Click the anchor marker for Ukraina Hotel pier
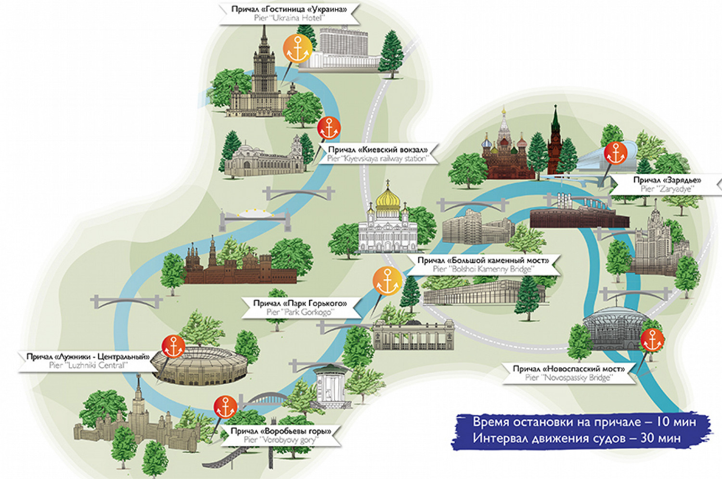click(297, 49)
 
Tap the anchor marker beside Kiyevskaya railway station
click(329, 128)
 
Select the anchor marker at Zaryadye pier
click(616, 153)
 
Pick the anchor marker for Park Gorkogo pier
click(387, 280)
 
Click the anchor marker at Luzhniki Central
click(173, 346)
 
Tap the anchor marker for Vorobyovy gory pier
click(225, 407)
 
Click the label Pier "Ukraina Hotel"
click(289, 13)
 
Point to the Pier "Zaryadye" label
click(667, 185)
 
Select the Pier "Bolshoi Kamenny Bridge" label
click(483, 265)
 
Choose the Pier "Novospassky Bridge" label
click(568, 373)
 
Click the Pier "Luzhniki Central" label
click(88, 361)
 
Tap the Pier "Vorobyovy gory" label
click(281, 435)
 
